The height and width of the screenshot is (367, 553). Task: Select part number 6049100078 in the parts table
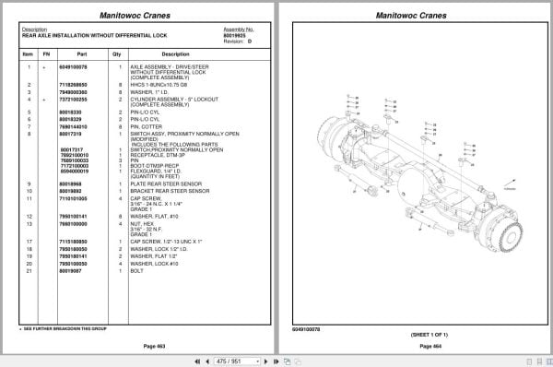tap(74, 67)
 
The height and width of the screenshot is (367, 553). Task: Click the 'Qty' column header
tap(117, 54)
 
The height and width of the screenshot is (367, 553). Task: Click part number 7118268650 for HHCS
tap(74, 84)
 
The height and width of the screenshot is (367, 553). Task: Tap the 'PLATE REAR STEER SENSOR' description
tap(161, 183)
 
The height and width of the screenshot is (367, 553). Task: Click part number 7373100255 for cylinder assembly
tap(74, 98)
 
